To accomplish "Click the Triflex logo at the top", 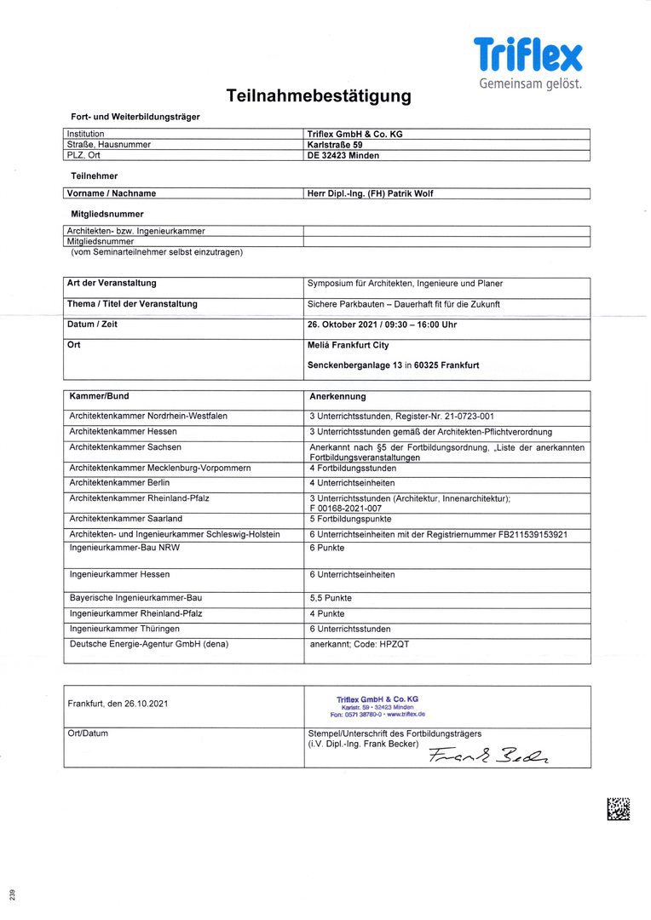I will (528, 55).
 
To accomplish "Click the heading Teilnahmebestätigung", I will (319, 96).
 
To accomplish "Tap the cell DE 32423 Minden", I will (343, 156).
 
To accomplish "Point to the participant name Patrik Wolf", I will (371, 193).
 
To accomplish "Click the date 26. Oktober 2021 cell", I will (382, 325).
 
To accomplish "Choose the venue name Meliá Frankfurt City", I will (348, 345).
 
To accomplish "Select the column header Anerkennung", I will (338, 397).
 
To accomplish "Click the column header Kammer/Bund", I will (99, 397).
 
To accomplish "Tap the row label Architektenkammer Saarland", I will (125, 519).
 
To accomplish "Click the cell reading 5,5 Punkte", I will (331, 599).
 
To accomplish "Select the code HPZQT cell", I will (360, 645).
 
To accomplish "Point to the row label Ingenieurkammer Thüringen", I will (124, 629).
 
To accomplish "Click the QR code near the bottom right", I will (619, 808).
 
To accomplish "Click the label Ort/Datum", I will (88, 733).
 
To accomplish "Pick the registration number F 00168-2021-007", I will (345, 509).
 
